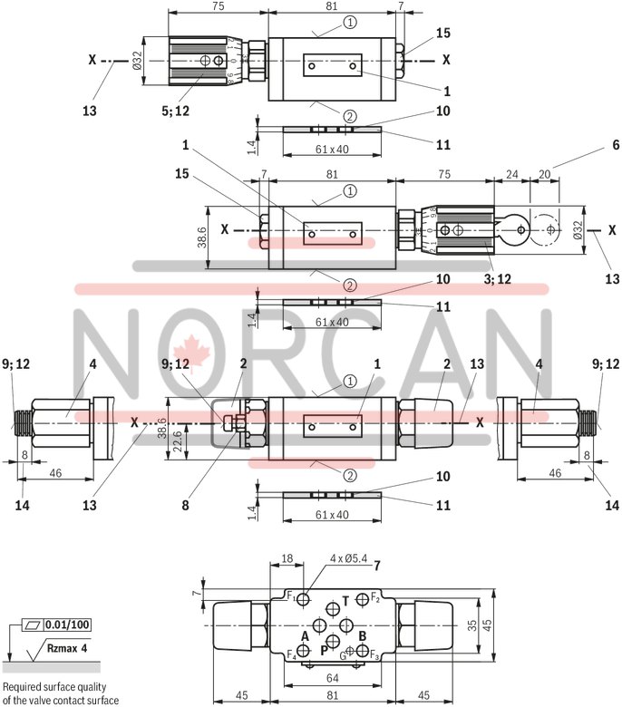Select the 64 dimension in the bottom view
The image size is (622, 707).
click(x=334, y=678)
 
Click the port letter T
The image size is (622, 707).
click(x=345, y=600)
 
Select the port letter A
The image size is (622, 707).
click(x=305, y=636)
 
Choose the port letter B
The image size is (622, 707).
click(x=362, y=636)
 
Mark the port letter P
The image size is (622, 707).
click(x=324, y=650)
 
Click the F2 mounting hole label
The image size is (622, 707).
click(x=374, y=598)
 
